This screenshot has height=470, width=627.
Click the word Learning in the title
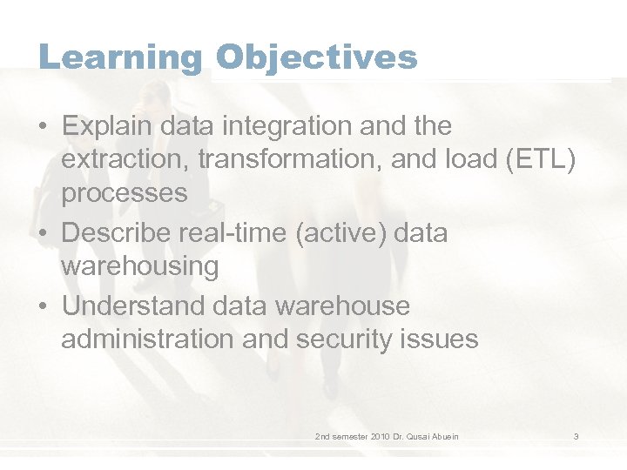coord(120,57)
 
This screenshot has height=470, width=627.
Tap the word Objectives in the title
coord(317,57)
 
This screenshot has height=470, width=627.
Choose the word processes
coord(125,193)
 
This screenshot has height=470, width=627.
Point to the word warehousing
coord(140,266)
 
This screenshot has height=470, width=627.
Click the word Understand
coord(129,306)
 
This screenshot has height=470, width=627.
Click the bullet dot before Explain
coord(43,127)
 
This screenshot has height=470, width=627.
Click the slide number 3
coord(576,436)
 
